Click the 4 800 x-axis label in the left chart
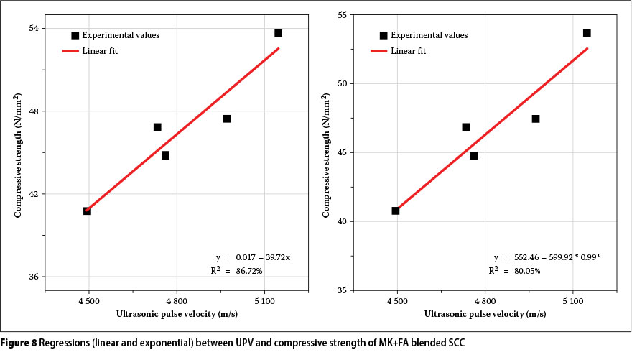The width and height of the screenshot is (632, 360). [x=177, y=299]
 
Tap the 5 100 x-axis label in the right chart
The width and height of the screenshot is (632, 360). [x=573, y=299]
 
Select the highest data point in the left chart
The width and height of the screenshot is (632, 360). [x=278, y=33]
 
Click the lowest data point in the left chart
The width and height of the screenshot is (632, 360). [x=87, y=211]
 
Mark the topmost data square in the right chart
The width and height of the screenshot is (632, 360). [x=587, y=32]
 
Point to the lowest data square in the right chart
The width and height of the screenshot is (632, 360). [x=396, y=211]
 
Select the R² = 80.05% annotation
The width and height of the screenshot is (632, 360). [x=514, y=270]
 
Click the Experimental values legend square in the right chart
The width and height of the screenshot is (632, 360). [x=384, y=35]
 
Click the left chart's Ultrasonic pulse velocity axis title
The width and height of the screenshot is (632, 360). [x=177, y=314]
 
